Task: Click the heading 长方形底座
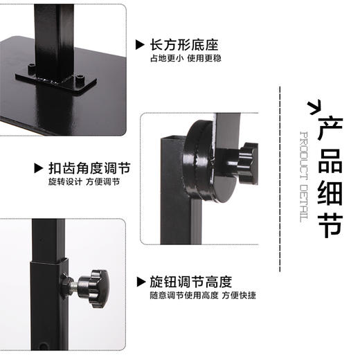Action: click(x=183, y=46)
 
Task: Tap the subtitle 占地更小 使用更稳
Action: click(x=183, y=60)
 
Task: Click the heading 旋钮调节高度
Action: click(x=190, y=282)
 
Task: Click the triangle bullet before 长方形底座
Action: click(x=141, y=46)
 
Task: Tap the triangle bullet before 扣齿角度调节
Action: click(x=39, y=169)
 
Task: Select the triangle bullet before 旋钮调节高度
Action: click(x=141, y=282)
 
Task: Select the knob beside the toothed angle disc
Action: click(x=244, y=159)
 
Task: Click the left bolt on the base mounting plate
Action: click(x=32, y=69)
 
